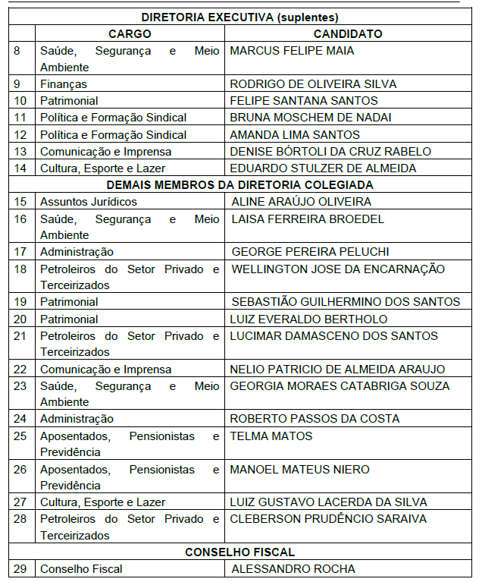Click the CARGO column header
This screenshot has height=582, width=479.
point(130,34)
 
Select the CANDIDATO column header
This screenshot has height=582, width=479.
point(348,34)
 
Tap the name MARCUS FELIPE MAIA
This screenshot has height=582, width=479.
point(292,51)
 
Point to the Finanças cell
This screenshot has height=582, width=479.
point(64,84)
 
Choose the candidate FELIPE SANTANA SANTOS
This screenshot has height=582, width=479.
point(303,101)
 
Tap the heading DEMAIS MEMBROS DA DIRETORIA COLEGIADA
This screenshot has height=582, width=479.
point(239,184)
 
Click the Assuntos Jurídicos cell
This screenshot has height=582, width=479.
point(89,202)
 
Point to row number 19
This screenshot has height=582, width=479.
point(20,302)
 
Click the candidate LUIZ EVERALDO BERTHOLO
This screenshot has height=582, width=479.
point(308,319)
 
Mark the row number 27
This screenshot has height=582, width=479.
point(20,502)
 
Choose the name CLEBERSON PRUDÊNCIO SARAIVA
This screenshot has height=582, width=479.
point(328,519)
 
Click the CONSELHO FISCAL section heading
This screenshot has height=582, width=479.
point(239,552)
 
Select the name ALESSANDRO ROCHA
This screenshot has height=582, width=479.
point(293,569)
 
